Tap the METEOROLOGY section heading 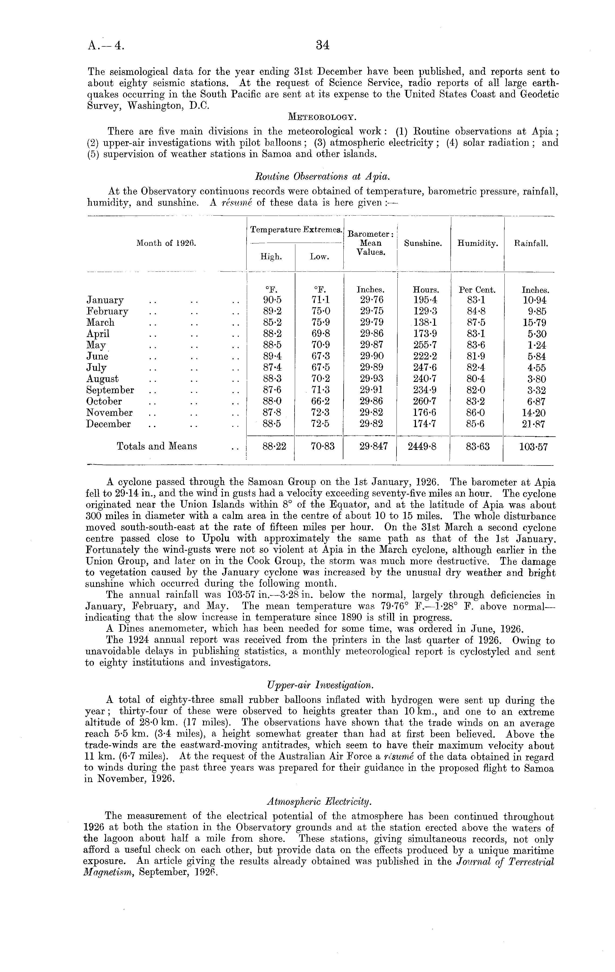click(322, 117)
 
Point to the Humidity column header click(477, 243)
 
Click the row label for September click(110, 390)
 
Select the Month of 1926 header click(166, 243)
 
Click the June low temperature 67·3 click(319, 356)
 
